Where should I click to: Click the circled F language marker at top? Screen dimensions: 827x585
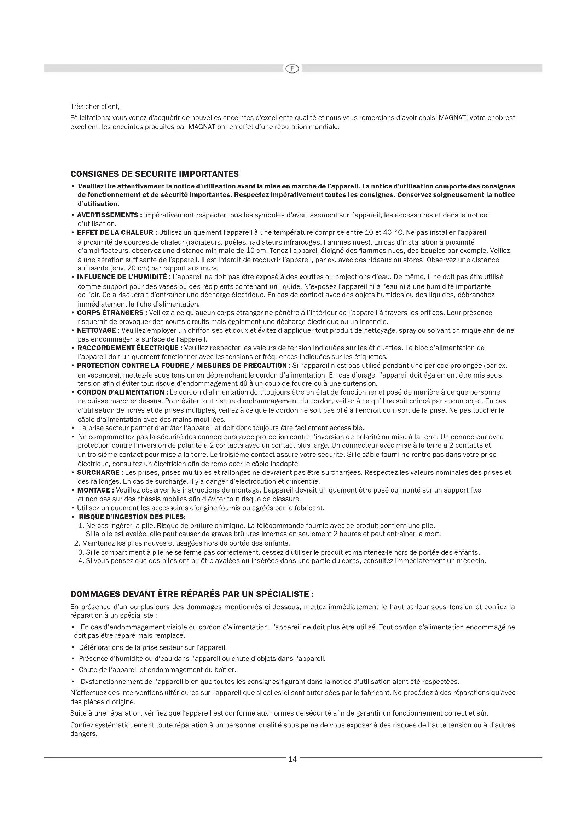292,69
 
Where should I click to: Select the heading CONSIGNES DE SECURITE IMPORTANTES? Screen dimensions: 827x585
154,174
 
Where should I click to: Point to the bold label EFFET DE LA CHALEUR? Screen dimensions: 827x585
115,233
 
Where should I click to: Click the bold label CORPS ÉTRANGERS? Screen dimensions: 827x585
110,313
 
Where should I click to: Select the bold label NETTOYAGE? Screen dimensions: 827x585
97,330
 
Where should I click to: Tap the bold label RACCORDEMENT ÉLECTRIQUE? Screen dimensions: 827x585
128,348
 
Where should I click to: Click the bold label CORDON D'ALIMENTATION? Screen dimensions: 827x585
121,392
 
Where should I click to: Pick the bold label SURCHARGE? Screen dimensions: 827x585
98,472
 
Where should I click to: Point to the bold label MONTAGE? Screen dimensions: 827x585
94,490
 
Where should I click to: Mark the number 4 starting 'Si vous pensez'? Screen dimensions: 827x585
80,561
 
